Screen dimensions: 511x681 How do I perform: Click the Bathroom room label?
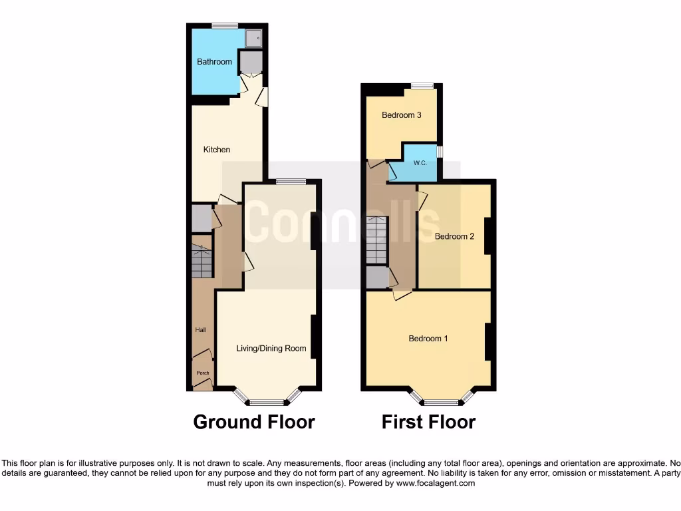[214, 62]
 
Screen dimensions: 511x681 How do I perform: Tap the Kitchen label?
[217, 150]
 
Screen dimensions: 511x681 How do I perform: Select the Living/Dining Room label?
[271, 348]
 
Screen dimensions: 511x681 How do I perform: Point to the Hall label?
[200, 330]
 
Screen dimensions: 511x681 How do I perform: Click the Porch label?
[202, 373]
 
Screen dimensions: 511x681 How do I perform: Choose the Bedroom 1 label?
[428, 339]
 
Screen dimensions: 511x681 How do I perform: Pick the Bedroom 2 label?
[454, 236]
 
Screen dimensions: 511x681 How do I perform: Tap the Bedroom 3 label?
[401, 115]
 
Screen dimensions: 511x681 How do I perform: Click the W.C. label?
[420, 163]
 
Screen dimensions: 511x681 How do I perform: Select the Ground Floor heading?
[253, 422]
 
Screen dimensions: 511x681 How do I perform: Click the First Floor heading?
[428, 422]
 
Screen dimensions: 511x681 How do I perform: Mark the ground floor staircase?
[202, 262]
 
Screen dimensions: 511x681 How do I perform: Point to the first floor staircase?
[376, 240]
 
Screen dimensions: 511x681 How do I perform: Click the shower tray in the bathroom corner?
[253, 39]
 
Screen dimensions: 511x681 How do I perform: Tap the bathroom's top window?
[225, 26]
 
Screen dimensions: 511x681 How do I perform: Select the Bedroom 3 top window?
[422, 86]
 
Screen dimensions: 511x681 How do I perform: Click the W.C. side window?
[440, 152]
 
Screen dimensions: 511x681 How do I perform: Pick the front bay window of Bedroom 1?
[442, 402]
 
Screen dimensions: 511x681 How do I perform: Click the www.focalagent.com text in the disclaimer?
[435, 484]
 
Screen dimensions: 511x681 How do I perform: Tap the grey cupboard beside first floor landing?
[376, 277]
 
